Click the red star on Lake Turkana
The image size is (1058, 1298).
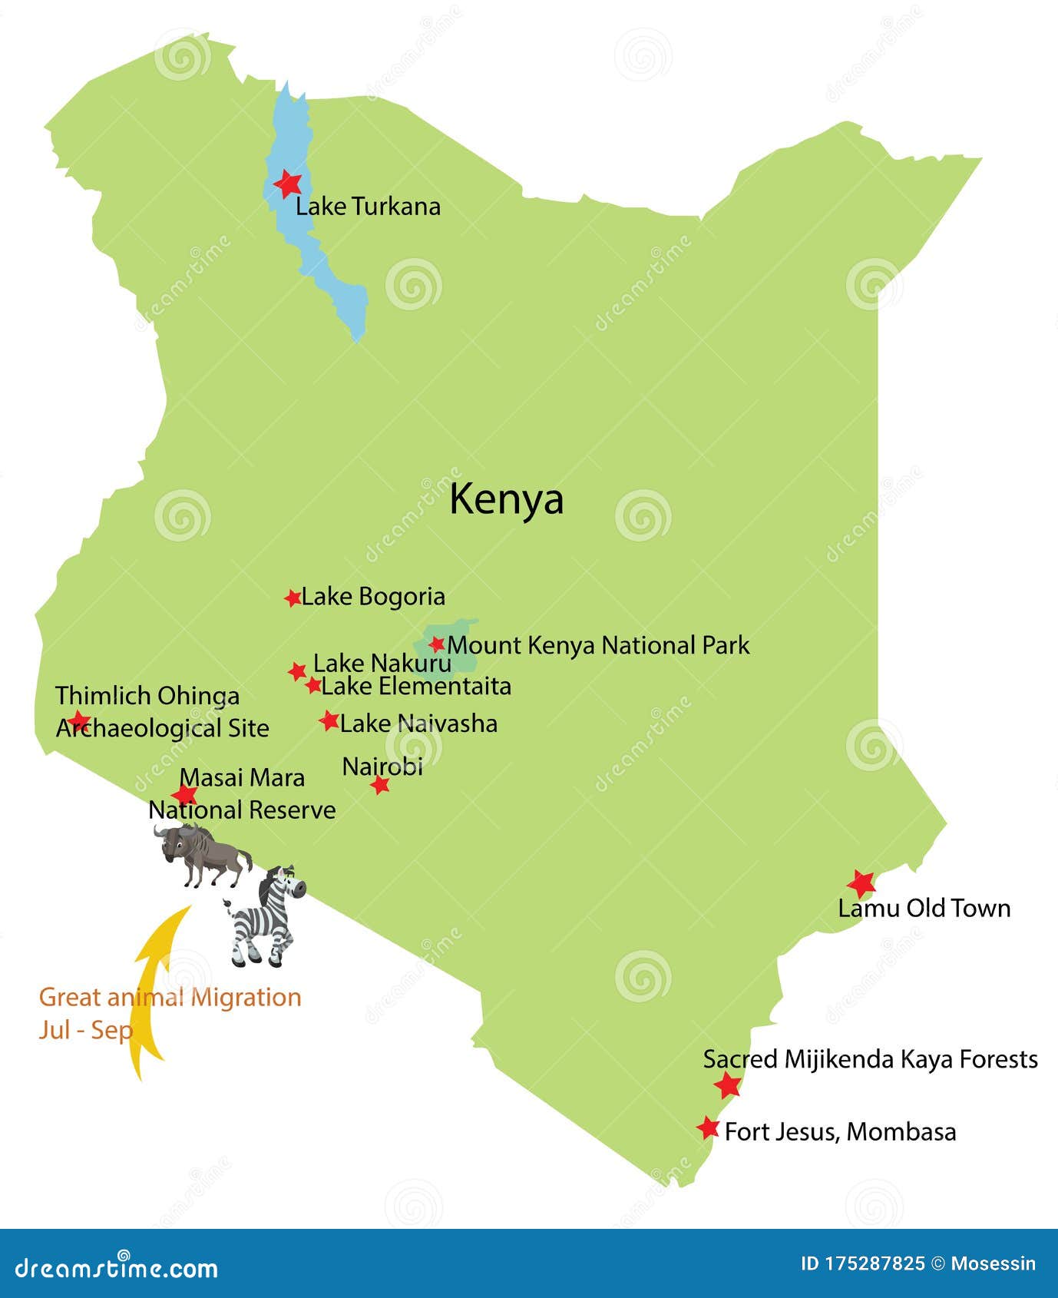tap(288, 184)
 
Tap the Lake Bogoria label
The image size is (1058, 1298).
tap(372, 596)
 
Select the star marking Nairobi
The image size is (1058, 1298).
tap(380, 785)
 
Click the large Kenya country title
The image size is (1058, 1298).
tap(506, 499)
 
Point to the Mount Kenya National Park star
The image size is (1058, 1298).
tap(437, 644)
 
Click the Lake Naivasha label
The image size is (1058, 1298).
tap(418, 724)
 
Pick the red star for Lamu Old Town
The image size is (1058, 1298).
tap(861, 884)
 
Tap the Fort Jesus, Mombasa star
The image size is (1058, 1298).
tap(708, 1128)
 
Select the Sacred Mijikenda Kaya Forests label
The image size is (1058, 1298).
tap(870, 1059)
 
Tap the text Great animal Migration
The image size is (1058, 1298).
tap(170, 997)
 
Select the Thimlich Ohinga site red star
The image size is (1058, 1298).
tap(78, 721)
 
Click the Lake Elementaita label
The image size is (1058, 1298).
tap(415, 686)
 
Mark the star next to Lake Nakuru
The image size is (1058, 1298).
tap(297, 671)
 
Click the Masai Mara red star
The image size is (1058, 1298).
tap(184, 796)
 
